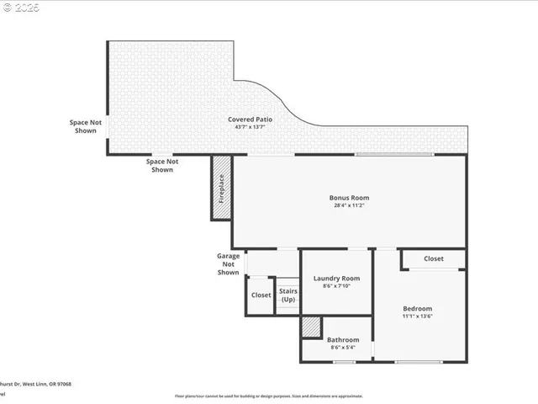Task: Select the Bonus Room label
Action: [349, 198]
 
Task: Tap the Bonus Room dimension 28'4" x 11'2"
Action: [349, 205]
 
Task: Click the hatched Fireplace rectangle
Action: [222, 188]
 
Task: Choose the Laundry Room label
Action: [336, 279]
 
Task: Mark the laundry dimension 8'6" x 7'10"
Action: [336, 286]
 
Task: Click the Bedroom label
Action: [417, 309]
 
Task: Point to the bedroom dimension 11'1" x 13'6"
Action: [417, 317]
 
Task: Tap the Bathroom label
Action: [343, 340]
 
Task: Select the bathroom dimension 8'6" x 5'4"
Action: [343, 348]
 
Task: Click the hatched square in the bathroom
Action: [311, 327]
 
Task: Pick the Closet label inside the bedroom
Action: [434, 259]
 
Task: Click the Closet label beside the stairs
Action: [261, 295]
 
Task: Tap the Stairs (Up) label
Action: [288, 295]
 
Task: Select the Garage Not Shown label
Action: [228, 263]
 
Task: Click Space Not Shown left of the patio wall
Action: [85, 126]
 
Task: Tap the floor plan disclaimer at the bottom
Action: [269, 396]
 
